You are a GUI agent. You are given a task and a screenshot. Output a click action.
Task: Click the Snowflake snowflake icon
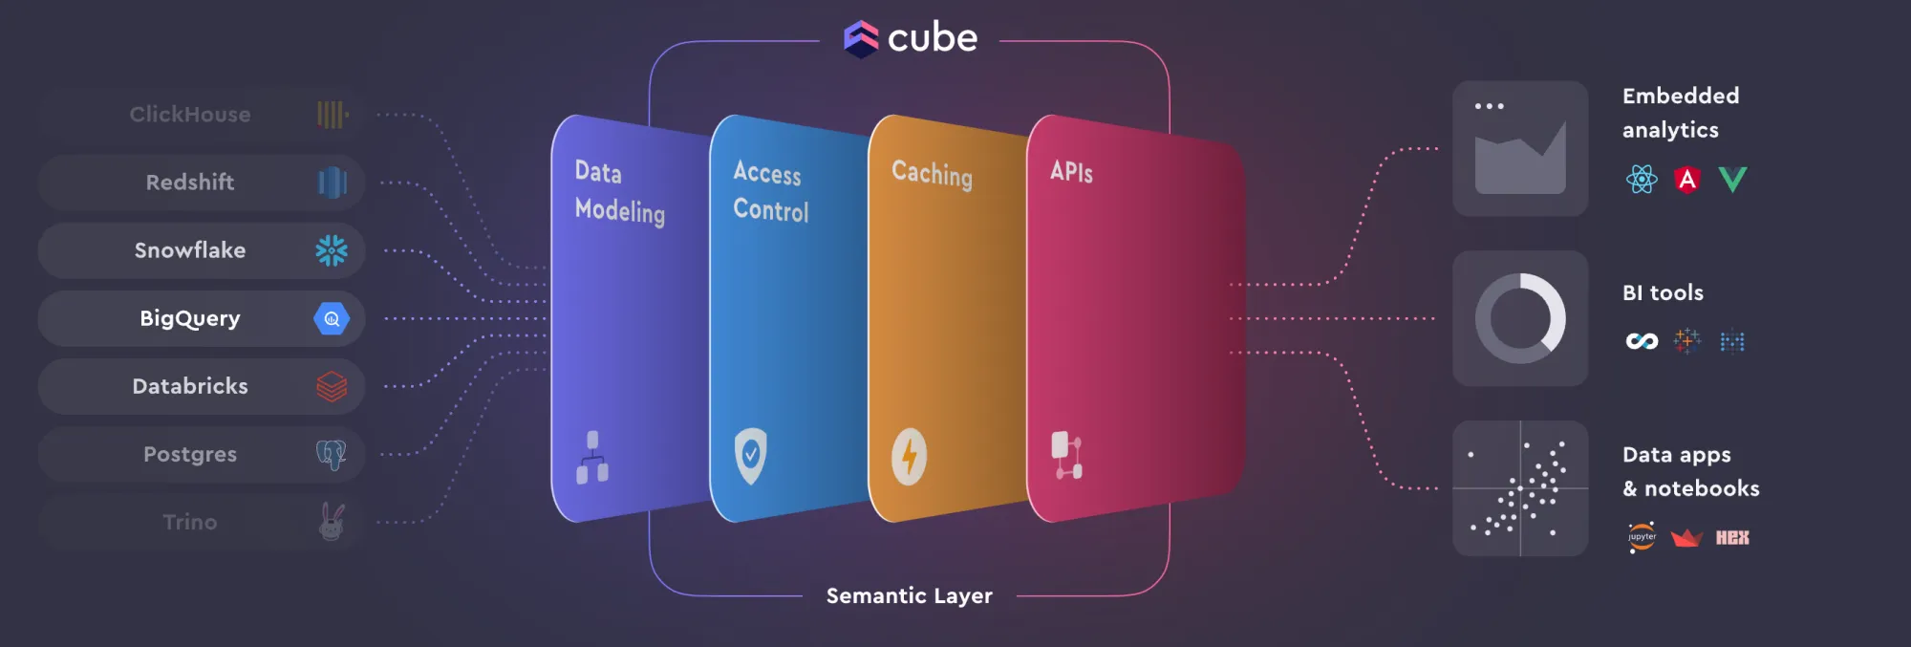332,250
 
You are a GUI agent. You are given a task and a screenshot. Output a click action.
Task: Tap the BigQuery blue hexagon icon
332,319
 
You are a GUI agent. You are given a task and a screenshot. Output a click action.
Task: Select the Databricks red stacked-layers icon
332,387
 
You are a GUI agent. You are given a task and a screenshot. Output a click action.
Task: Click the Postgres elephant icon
332,455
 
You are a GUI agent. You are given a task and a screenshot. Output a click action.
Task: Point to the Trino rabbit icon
332,522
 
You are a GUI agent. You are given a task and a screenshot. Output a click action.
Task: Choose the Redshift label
190,183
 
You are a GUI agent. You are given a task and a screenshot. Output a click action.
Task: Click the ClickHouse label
190,115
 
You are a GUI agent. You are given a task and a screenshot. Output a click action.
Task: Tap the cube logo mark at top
861,39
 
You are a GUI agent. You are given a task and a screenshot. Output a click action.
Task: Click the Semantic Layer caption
909,596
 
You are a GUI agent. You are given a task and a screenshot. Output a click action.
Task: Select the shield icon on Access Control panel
751,455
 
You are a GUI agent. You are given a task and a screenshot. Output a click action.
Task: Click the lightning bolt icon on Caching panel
909,456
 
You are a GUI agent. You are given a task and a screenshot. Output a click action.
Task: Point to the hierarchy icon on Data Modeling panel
592,457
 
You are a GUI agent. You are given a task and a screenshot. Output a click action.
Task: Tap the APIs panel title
1071,172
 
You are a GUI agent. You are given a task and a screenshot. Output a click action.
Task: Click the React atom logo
1642,179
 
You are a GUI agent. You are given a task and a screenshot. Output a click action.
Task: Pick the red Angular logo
1687,179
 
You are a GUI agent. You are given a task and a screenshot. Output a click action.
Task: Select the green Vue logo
1732,179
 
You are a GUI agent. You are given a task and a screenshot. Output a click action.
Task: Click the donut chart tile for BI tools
1520,318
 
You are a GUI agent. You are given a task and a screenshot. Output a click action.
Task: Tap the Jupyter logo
1642,537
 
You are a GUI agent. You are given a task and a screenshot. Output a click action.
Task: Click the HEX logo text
1732,537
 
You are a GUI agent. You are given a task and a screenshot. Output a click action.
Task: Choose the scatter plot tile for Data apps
1520,488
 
